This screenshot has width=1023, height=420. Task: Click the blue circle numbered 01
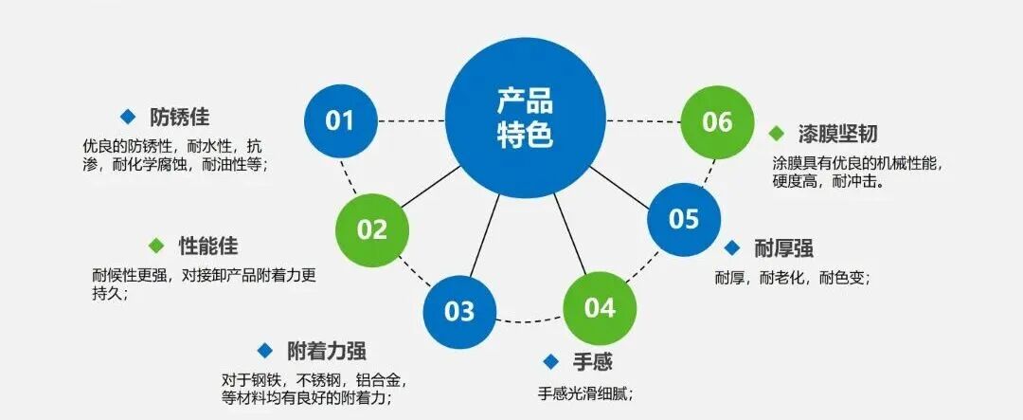point(340,120)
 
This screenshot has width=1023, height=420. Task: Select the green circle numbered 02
point(372,229)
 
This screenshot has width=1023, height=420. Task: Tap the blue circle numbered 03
point(459,311)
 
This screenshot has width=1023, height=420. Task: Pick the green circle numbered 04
point(600,308)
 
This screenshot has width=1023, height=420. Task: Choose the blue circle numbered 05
point(684,219)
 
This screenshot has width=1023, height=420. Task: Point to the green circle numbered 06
point(718,121)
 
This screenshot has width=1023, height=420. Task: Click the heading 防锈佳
point(179,119)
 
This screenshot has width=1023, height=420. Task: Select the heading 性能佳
point(208,246)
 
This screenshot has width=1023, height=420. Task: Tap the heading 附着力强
point(326,350)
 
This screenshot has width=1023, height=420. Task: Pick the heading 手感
point(593,361)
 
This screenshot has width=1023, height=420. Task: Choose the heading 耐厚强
point(783,249)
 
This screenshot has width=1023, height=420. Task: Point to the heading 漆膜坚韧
point(836,134)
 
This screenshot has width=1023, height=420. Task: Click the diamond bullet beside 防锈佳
point(128,117)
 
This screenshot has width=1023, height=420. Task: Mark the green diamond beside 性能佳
point(157,246)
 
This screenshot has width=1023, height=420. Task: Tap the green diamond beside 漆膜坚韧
point(777,133)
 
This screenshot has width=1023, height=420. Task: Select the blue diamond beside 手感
point(550,360)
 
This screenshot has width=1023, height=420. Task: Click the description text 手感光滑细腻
point(585,393)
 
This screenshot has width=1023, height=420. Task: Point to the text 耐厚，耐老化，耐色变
point(791,279)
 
